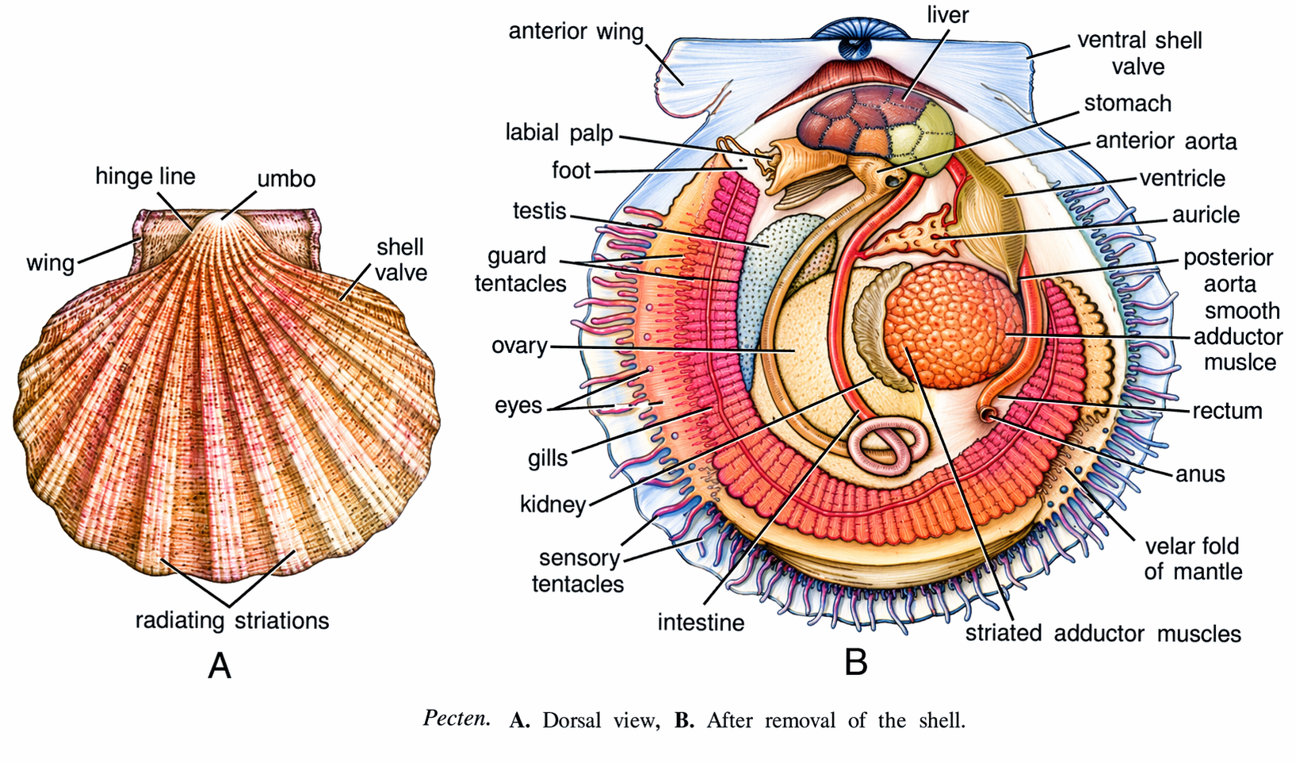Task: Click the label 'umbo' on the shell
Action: tap(286, 179)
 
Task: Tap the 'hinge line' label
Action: tap(145, 176)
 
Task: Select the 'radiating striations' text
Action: tap(231, 620)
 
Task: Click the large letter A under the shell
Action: tap(220, 665)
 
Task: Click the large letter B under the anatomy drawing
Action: tap(855, 661)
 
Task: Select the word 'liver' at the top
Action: tap(948, 15)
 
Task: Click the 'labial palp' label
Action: tap(559, 132)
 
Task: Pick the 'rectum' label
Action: tap(1226, 411)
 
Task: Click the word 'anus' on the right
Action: tap(1200, 474)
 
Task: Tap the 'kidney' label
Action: tap(552, 504)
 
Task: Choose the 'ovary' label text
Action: tap(519, 346)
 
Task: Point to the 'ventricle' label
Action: tap(1182, 178)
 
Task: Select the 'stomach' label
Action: tap(1127, 104)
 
